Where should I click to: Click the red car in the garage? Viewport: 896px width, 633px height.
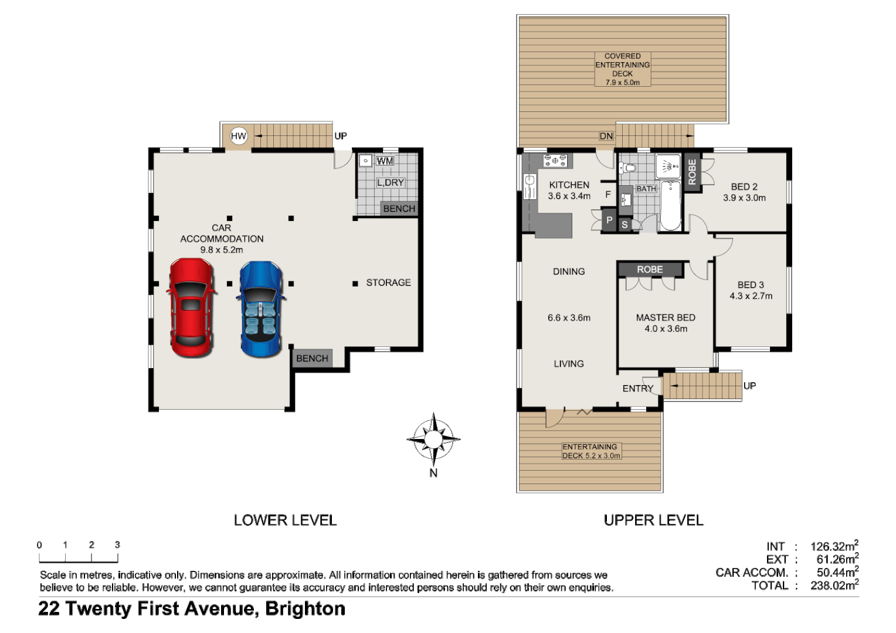[x=191, y=308]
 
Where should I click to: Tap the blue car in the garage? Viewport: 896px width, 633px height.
[x=262, y=309]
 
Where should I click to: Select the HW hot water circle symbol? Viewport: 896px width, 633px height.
[x=239, y=136]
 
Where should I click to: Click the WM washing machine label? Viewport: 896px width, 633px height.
[x=385, y=161]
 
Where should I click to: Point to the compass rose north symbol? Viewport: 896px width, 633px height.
[x=433, y=438]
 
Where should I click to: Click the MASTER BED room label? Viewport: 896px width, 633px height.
[x=666, y=318]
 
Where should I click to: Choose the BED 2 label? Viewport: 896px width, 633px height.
[x=744, y=187]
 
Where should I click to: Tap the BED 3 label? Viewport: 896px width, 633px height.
[x=751, y=285]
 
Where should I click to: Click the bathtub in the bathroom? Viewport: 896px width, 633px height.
[x=670, y=206]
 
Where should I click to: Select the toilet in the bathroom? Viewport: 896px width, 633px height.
[x=629, y=168]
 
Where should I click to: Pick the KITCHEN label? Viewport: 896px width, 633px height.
[x=569, y=185]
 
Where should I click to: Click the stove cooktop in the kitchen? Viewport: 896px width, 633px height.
[x=555, y=159]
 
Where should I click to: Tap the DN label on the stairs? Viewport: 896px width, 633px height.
[x=606, y=136]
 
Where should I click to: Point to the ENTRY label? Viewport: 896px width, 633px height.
[x=637, y=389]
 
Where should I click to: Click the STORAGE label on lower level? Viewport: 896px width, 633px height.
[x=388, y=283]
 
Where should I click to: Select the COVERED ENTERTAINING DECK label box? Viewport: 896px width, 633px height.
[x=623, y=69]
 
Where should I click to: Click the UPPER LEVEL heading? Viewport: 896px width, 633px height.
[x=653, y=520]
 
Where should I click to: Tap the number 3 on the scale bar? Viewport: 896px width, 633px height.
[x=117, y=544]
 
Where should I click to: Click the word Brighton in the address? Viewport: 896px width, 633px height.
[x=305, y=609]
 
